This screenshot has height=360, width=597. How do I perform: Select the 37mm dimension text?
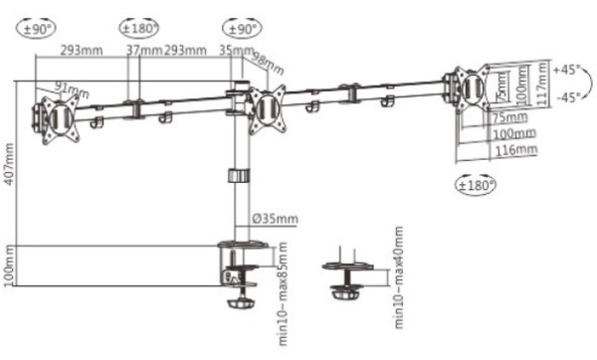coord(144,50)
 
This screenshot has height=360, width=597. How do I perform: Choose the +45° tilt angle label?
coord(566,71)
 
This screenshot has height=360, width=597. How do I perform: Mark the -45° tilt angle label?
coord(566,97)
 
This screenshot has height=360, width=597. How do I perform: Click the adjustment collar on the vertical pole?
coord(237,176)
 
